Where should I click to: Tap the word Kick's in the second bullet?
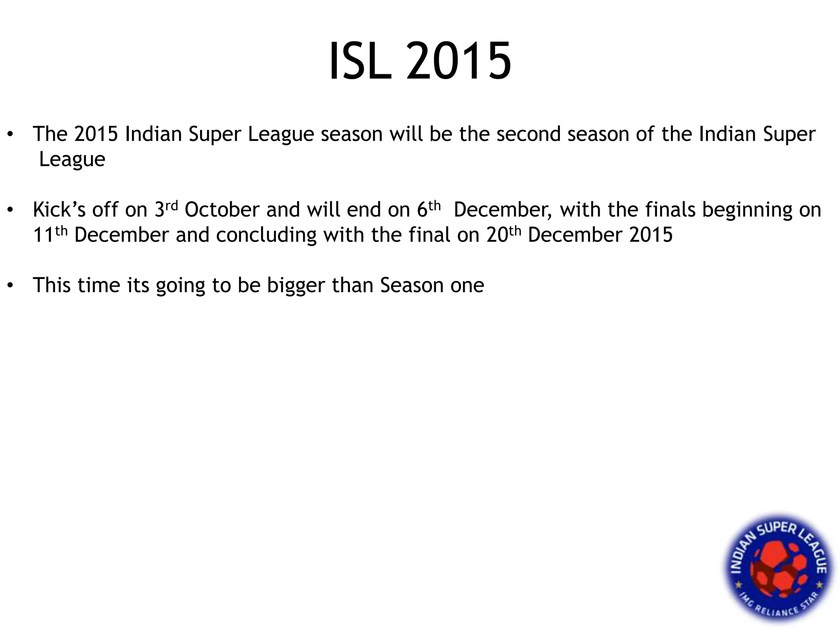coord(59,210)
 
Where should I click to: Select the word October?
coord(222,210)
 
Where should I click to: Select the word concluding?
coord(267,235)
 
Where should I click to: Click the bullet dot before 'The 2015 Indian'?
coord(11,134)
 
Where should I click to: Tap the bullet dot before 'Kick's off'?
coord(11,210)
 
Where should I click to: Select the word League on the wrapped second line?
coord(72,160)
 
